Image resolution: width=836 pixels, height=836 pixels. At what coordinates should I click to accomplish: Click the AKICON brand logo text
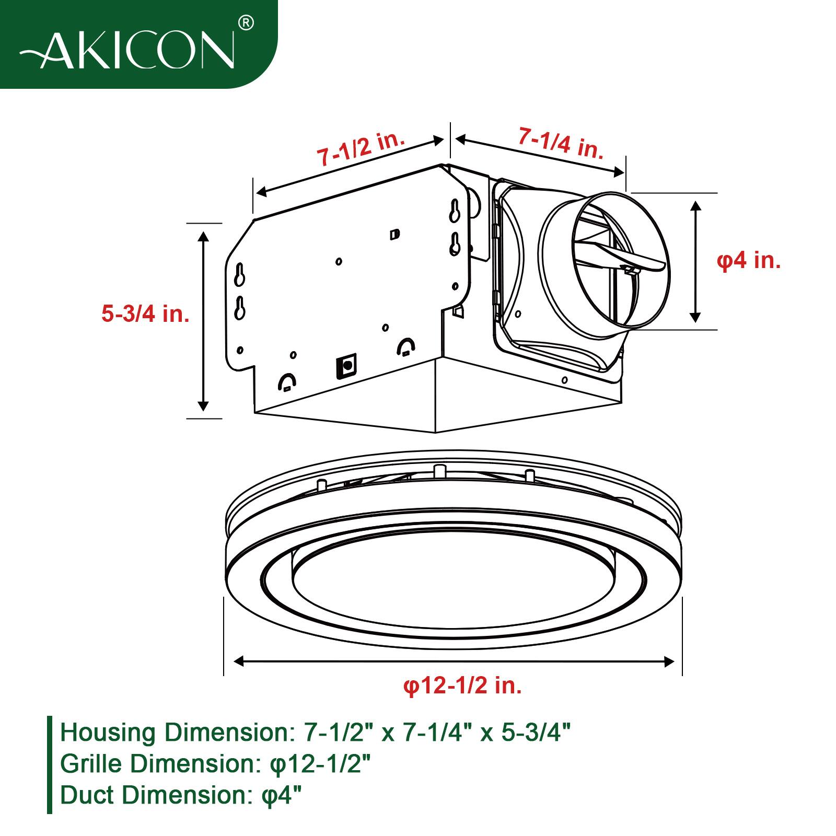tap(128, 51)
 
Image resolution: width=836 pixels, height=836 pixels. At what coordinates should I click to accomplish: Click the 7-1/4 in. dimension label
tap(561, 143)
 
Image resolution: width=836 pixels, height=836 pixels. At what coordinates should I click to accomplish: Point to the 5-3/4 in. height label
tap(145, 314)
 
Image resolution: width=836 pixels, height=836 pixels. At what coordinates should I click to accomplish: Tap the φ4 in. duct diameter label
tap(748, 260)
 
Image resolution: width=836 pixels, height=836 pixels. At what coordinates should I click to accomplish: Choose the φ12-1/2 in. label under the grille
tap(462, 685)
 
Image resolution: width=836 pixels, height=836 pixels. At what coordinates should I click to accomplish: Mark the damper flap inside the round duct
tap(622, 258)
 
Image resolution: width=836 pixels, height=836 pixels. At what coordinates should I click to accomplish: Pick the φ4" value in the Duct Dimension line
tap(281, 796)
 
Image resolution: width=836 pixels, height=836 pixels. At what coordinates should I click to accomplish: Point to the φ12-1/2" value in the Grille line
tap(320, 764)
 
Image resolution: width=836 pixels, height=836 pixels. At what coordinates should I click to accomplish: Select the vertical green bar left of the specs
tap(50, 764)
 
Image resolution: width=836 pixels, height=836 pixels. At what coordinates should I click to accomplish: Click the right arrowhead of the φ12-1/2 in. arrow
tap(669, 661)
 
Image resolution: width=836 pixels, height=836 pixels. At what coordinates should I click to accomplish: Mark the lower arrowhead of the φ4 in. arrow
tap(695, 317)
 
